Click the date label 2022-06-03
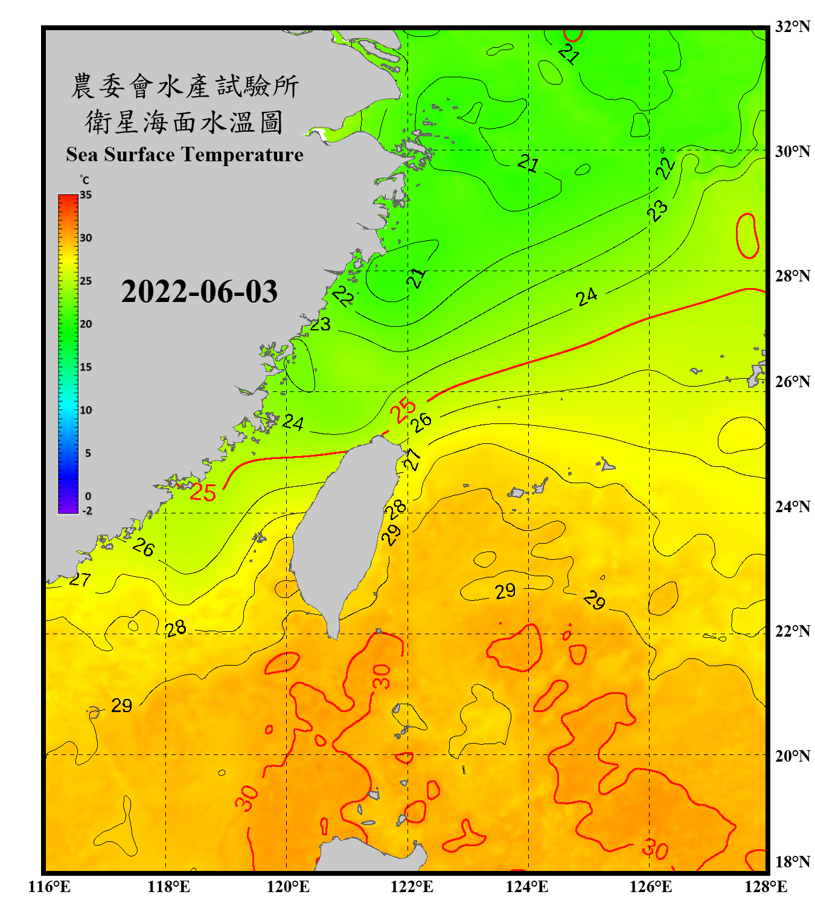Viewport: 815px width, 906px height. tap(199, 292)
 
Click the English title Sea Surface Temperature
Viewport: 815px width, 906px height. tap(185, 155)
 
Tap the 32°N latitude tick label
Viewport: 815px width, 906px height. tap(792, 27)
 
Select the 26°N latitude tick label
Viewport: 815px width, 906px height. tap(792, 382)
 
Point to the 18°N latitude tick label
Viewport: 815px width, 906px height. tap(792, 862)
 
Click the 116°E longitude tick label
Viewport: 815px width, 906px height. tap(50, 887)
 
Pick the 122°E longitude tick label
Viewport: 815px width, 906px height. tap(412, 887)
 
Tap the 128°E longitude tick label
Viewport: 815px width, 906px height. tap(765, 887)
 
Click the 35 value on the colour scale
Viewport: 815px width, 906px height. tap(86, 195)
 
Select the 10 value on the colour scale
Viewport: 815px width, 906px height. tap(86, 410)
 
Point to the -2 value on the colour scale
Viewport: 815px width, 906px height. tap(87, 511)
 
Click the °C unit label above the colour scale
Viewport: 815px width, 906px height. tap(85, 180)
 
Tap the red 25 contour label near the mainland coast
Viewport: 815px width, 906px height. tap(203, 492)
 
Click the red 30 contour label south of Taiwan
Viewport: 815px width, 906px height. tap(382, 676)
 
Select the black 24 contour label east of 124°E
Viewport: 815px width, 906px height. tap(586, 297)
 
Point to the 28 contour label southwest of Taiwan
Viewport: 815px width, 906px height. tap(176, 629)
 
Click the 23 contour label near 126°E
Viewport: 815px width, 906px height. tap(657, 211)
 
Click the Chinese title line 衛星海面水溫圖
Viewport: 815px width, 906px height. tap(184, 123)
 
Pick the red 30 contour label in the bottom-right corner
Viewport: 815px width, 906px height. tap(655, 849)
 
